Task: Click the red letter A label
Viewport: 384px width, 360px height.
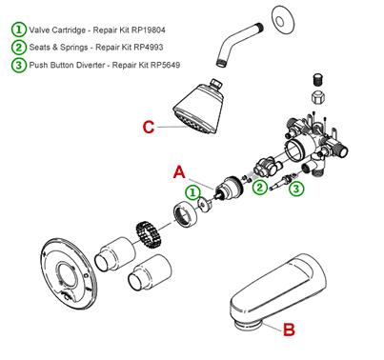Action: [179, 173]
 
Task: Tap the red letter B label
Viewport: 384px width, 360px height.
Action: [289, 330]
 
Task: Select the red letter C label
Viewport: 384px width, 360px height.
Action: [149, 128]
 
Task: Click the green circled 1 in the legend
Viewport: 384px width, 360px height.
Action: [19, 30]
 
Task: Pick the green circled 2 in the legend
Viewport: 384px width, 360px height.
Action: [19, 47]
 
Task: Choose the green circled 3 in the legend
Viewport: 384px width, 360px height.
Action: [19, 65]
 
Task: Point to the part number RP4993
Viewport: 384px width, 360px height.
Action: [149, 48]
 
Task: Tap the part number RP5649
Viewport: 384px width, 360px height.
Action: [165, 65]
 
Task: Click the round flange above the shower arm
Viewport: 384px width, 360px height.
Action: [281, 20]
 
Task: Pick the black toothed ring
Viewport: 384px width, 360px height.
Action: [150, 234]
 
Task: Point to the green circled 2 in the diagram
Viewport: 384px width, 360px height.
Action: [260, 187]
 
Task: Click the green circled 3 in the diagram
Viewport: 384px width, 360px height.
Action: [296, 189]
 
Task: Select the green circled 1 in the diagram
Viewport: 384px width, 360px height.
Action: [193, 192]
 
